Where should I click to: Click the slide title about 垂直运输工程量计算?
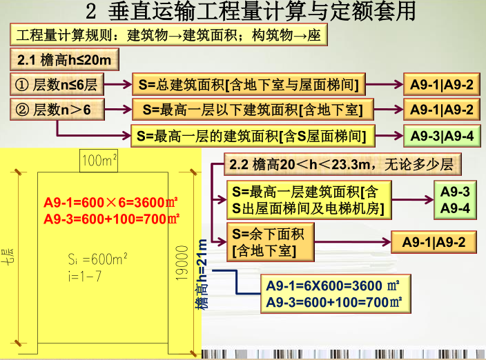coord(252,12)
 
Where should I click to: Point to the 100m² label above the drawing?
coord(99,162)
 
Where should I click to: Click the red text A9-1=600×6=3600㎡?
coord(111,203)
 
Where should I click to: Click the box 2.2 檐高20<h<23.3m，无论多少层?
coord(344,165)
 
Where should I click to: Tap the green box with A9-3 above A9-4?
coord(455,199)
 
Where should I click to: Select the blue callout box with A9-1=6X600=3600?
coord(333,294)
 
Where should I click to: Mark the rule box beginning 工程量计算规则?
coord(168,35)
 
